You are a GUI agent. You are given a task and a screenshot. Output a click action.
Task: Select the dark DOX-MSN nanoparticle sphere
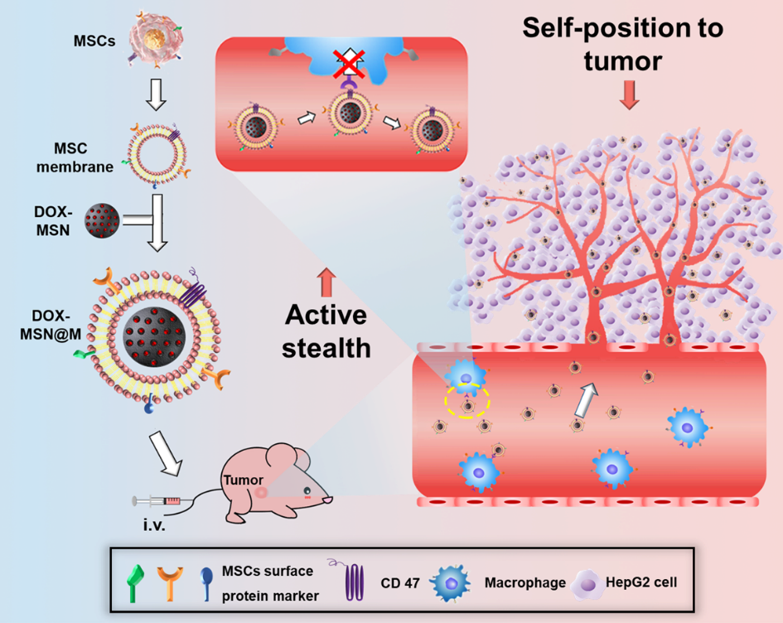(x=103, y=222)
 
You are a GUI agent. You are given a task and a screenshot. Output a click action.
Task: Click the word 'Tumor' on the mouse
(x=242, y=480)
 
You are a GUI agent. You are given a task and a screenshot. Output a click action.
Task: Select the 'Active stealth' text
(x=326, y=331)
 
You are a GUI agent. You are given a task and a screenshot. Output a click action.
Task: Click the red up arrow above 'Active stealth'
(x=325, y=281)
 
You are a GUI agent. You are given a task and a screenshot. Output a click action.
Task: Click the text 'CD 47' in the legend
(x=403, y=582)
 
